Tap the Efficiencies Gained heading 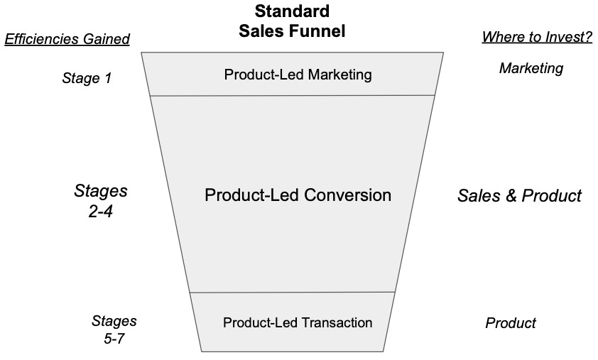[67, 39]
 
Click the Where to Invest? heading [537, 37]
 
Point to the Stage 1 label [87, 78]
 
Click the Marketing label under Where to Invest [531, 68]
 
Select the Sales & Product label [519, 195]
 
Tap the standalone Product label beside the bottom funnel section [511, 323]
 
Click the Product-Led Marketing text [298, 75]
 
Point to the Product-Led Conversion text [298, 195]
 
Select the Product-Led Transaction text [298, 322]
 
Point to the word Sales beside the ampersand [477, 195]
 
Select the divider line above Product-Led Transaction [293, 292]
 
